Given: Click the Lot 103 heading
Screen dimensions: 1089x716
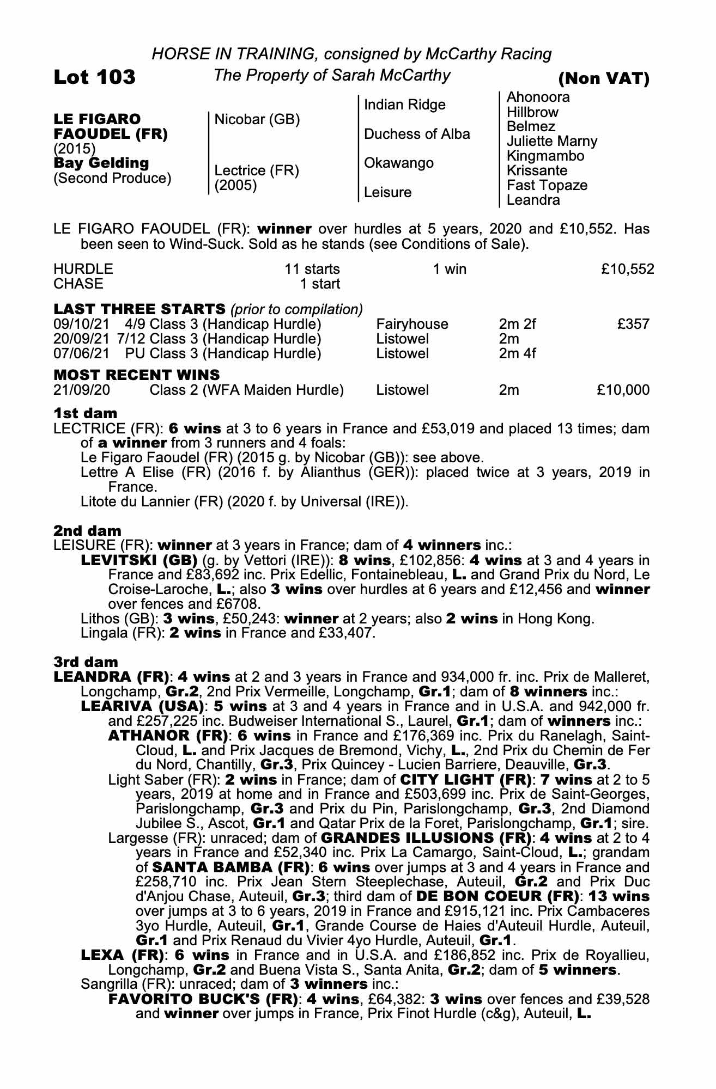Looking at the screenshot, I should pyautogui.click(x=94, y=77).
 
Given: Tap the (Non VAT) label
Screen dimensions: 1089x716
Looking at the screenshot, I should pyautogui.click(x=604, y=79).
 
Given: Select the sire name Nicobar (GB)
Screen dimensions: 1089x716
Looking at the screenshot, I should pyautogui.click(x=257, y=119).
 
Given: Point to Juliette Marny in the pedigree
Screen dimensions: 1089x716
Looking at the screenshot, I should pyautogui.click(x=551, y=142).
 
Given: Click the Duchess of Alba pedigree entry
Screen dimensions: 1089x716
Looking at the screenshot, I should pyautogui.click(x=416, y=134).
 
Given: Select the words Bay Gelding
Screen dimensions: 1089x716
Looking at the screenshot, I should pyautogui.click(x=101, y=163).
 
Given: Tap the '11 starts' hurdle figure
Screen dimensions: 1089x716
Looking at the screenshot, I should pyautogui.click(x=312, y=269).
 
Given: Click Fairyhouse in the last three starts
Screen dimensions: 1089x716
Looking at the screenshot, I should pyautogui.click(x=412, y=325).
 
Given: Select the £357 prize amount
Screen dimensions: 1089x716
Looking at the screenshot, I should pyautogui.click(x=633, y=325).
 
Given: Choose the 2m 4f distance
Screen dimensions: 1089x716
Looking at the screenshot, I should pyautogui.click(x=517, y=354).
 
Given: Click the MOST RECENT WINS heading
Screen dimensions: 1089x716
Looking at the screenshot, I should pyautogui.click(x=136, y=375).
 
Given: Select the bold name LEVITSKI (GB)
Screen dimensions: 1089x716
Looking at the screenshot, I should pyautogui.click(x=138, y=560).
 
